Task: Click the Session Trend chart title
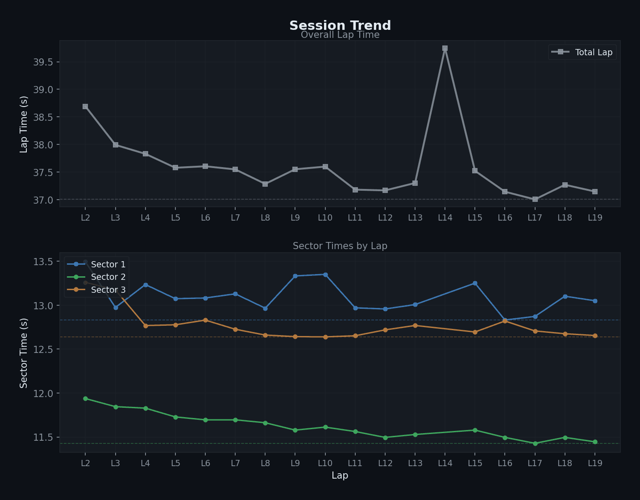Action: click(x=340, y=25)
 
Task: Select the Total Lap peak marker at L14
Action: click(x=445, y=48)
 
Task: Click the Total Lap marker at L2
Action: click(x=85, y=107)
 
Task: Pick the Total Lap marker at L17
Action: click(x=535, y=199)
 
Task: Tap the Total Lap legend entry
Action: click(x=582, y=52)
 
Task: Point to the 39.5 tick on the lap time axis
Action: click(x=43, y=62)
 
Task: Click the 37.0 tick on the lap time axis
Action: click(x=43, y=200)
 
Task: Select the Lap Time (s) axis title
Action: click(x=24, y=124)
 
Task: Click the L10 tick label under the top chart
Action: click(x=325, y=217)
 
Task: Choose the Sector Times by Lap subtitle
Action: click(x=340, y=246)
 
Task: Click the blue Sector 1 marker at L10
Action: click(x=325, y=275)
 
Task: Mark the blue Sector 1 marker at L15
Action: click(x=475, y=283)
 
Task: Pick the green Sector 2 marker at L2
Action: click(x=85, y=399)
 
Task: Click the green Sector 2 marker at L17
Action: click(x=535, y=443)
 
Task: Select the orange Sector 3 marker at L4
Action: click(x=145, y=326)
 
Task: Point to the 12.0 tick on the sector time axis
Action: click(x=43, y=393)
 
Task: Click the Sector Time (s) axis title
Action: click(x=24, y=353)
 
